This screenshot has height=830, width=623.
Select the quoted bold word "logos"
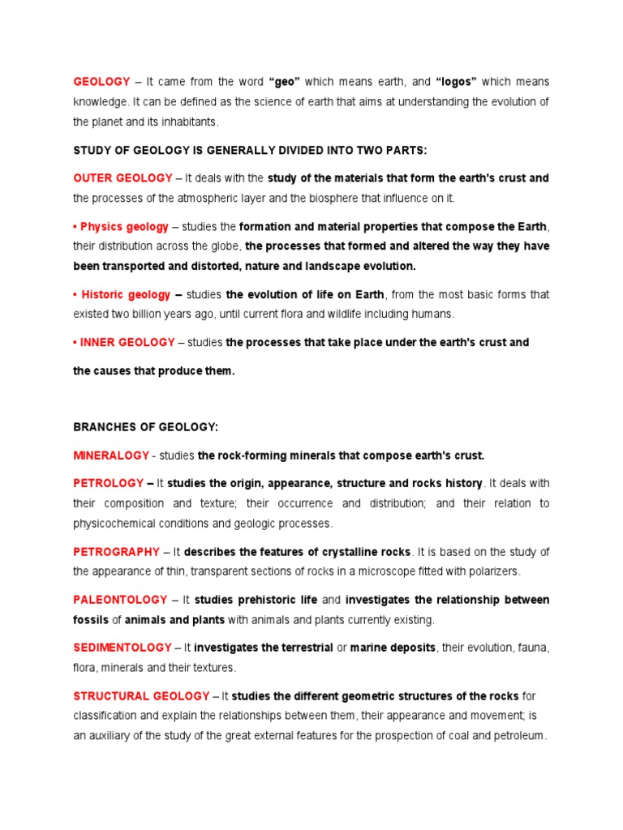(456, 82)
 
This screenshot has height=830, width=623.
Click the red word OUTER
(91, 178)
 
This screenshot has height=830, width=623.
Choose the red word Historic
(102, 295)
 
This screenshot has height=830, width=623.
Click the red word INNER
(97, 343)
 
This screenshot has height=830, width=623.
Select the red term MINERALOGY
(111, 456)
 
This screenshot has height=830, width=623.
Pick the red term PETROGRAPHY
(116, 552)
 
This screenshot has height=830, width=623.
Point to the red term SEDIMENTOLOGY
(122, 648)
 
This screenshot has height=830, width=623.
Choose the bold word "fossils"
(90, 620)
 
